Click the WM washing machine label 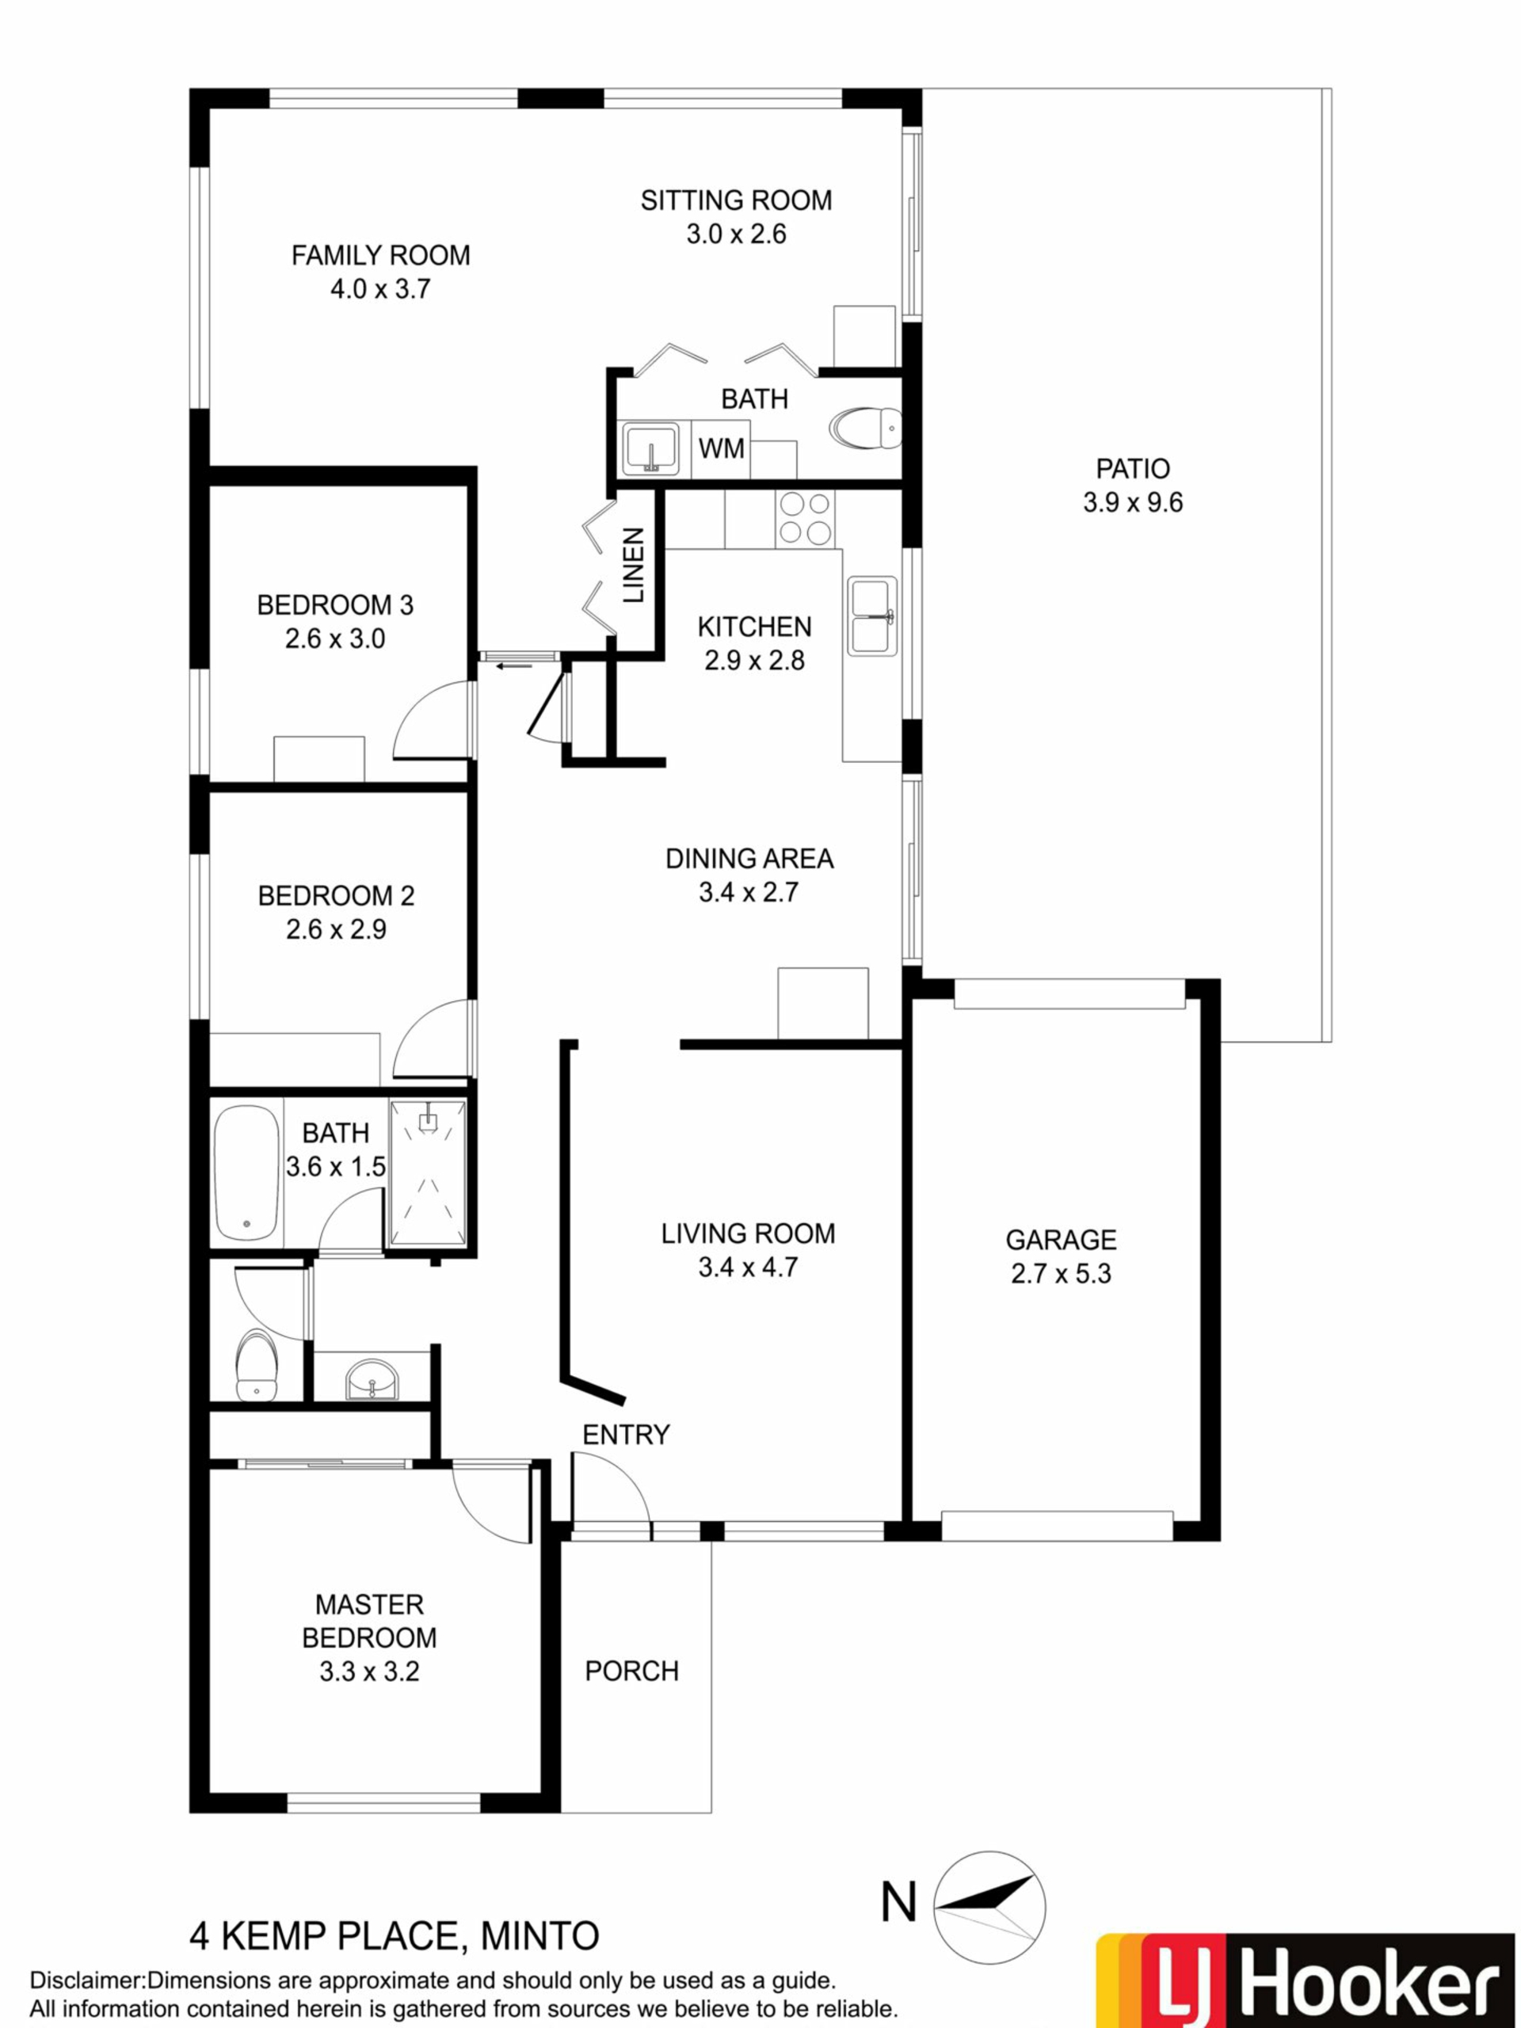click(722, 448)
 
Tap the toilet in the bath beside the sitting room click(866, 427)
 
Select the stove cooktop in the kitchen click(804, 518)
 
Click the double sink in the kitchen click(872, 616)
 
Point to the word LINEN click(634, 565)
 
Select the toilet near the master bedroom click(256, 1365)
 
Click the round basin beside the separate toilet click(372, 1380)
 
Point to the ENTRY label click(626, 1435)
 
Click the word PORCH click(631, 1672)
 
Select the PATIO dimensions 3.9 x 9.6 click(1133, 502)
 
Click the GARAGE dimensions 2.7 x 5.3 click(1061, 1274)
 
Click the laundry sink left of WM click(650, 448)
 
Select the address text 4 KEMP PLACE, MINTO click(395, 1936)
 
